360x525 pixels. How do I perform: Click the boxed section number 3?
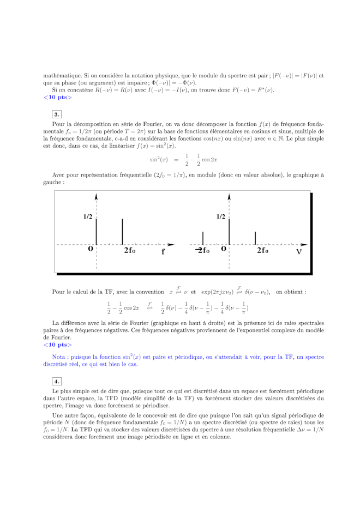point(57,114)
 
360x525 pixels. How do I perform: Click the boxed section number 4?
point(57,381)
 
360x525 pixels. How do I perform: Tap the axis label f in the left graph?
point(163,252)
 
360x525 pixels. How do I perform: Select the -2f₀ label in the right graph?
point(202,250)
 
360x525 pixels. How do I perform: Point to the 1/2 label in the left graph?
point(88,216)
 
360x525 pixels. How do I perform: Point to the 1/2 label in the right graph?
point(220,216)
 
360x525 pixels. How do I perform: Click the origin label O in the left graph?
point(91,250)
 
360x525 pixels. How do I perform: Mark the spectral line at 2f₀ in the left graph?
point(122,231)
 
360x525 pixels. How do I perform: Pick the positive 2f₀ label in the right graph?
point(262,250)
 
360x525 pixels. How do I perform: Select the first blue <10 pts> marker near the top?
point(57,98)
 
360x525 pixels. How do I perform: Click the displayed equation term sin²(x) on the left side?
point(159,159)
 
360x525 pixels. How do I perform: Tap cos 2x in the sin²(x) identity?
point(209,159)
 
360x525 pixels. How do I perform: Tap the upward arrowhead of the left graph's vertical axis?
point(96,195)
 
